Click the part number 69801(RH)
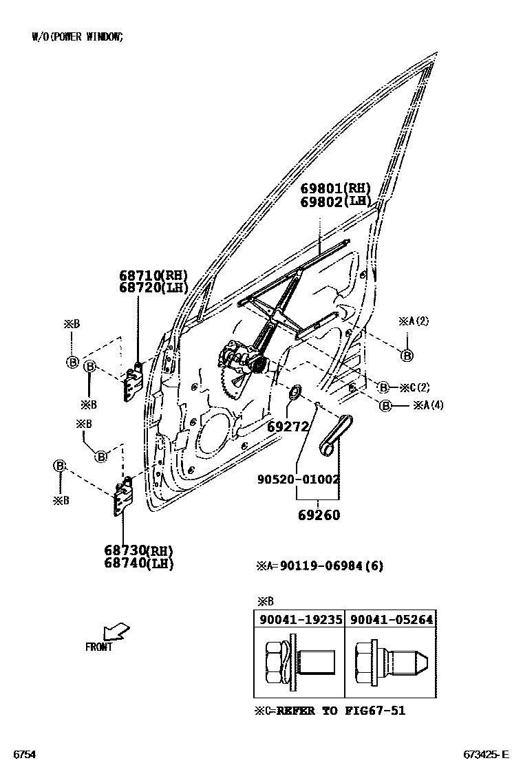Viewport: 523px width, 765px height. coord(335,188)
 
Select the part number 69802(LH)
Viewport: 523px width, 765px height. coord(335,202)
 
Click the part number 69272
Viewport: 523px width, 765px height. coord(289,427)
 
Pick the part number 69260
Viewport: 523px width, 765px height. coord(319,515)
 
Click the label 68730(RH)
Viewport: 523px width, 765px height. coord(138,550)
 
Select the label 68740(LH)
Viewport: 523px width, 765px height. coord(138,563)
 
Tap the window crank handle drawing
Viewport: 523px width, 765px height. coord(335,435)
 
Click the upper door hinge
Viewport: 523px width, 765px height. coord(132,381)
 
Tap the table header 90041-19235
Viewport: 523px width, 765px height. coord(301,619)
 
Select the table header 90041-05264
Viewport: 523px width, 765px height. coord(392,619)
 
